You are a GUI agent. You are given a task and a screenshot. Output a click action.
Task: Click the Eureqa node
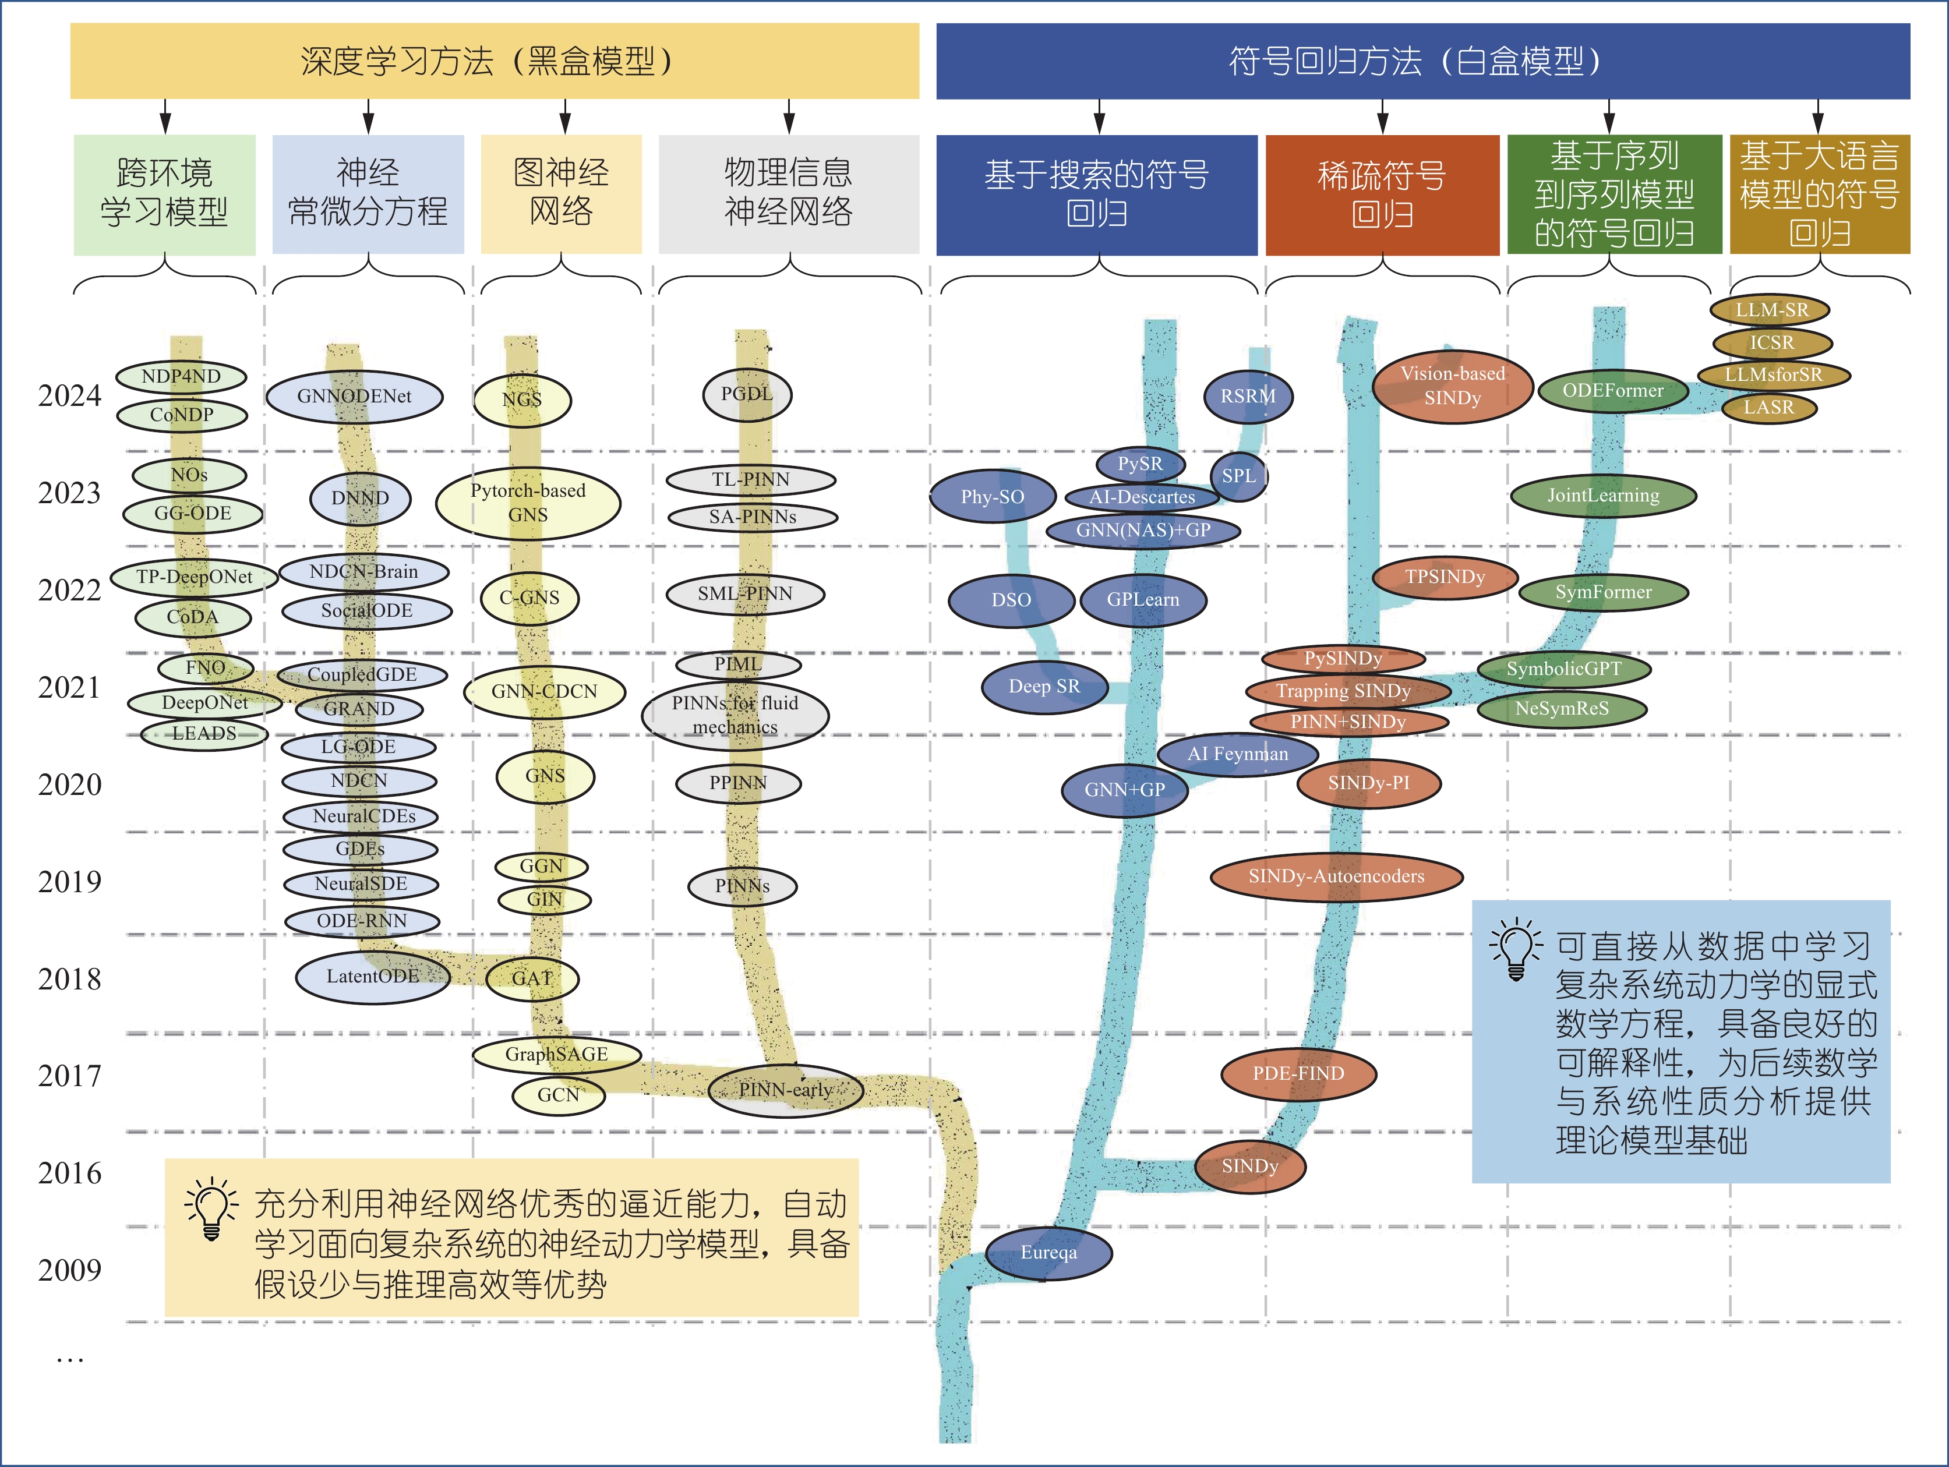1048,1252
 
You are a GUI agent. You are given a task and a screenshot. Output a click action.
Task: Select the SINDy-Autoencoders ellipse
1336,876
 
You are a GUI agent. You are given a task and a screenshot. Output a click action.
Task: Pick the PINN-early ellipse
786,1090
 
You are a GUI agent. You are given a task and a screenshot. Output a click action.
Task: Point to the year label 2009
70,1270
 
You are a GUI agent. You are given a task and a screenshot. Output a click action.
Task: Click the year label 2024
70,395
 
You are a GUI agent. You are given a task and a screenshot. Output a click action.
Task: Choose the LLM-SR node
1770,310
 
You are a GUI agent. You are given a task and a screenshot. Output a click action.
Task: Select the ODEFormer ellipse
1612,390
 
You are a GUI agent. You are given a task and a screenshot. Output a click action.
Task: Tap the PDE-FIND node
1298,1073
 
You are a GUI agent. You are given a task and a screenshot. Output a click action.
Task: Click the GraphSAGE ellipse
556,1054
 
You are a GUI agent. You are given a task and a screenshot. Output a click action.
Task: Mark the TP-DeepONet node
194,577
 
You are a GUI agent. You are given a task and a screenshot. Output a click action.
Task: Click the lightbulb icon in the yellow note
211,1207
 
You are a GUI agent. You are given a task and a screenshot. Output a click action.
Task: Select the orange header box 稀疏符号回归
1382,195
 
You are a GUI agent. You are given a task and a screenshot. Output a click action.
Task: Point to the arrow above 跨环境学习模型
165,116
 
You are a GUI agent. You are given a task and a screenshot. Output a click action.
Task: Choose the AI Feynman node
1237,754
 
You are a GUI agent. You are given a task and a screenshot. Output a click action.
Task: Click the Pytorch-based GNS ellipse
528,502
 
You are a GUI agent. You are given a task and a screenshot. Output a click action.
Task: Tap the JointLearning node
1603,495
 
